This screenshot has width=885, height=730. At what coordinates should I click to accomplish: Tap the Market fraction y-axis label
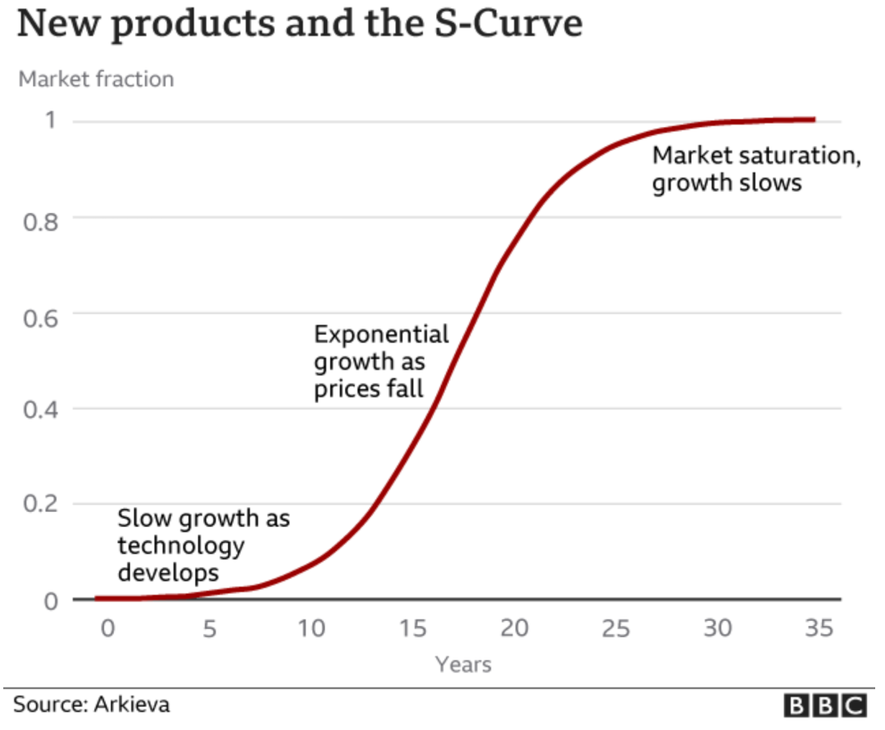[96, 79]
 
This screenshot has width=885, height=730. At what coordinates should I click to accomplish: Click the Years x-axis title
[463, 664]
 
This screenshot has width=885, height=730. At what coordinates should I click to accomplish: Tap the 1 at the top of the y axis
[50, 121]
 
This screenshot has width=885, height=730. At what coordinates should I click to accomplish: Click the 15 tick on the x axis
[414, 629]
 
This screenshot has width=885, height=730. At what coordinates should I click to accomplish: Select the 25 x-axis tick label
[616, 629]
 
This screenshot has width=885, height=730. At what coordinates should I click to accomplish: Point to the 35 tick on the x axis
[819, 629]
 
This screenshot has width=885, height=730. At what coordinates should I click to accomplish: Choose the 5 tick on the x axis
[210, 629]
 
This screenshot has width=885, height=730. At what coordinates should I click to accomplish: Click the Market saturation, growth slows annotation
[756, 168]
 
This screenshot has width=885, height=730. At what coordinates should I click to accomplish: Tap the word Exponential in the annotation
[382, 334]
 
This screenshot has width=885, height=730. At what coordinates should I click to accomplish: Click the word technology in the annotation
[180, 545]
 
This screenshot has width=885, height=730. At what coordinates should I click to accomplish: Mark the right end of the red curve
[814, 120]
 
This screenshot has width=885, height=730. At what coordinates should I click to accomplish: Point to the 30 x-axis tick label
[717, 629]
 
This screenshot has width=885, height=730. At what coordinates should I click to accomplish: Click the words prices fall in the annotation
[369, 388]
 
